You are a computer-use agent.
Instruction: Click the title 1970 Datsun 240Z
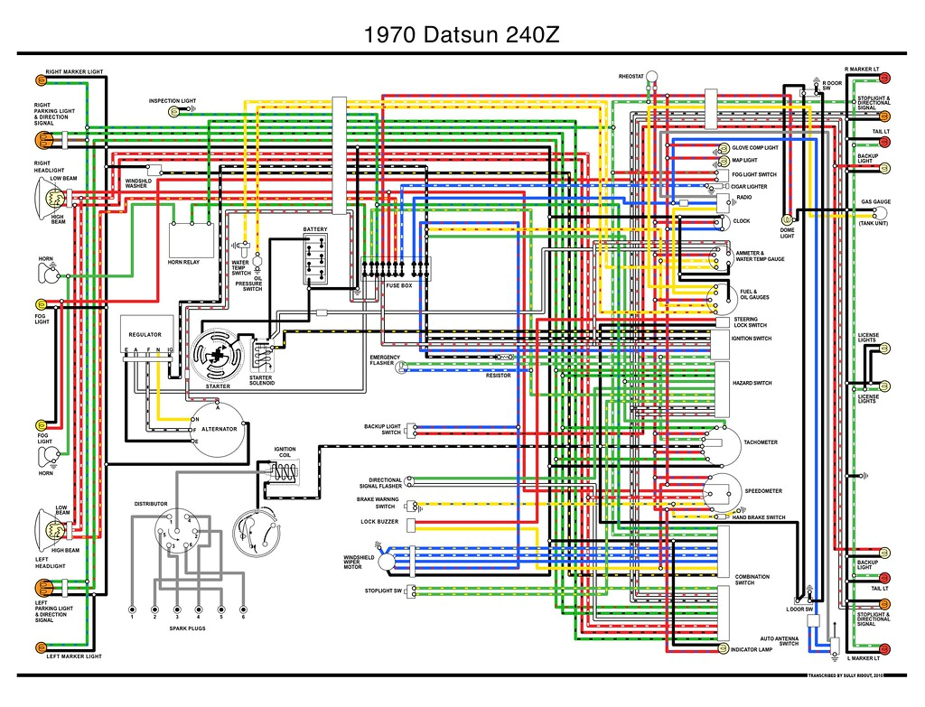click(462, 35)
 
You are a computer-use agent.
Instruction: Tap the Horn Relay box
click(191, 240)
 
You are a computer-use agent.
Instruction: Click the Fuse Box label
click(398, 285)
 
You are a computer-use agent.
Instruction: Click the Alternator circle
click(219, 428)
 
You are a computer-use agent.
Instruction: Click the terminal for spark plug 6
click(243, 607)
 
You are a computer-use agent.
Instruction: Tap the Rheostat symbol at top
click(652, 78)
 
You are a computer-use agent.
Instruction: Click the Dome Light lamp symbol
click(787, 219)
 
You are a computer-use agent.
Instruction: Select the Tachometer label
click(760, 442)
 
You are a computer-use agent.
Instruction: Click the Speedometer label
click(763, 491)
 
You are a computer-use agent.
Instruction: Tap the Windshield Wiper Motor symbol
click(388, 561)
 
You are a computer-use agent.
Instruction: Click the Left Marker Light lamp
click(40, 647)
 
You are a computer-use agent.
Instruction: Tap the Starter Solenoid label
click(261, 380)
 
